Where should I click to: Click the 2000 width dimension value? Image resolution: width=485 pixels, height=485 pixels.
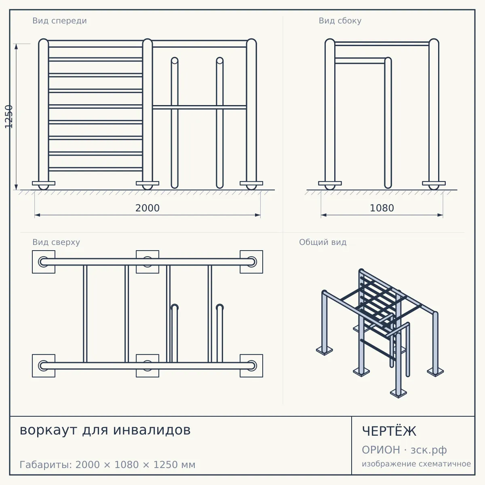(147, 208)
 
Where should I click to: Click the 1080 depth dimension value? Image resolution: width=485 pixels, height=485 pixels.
(382, 208)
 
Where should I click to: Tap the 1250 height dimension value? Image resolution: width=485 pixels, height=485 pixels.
(9, 117)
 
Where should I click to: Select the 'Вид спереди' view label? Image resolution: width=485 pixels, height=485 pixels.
(59, 21)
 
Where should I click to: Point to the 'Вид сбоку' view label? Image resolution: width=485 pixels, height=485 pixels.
(340, 21)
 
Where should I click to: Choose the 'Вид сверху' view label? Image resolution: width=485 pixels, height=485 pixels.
(56, 242)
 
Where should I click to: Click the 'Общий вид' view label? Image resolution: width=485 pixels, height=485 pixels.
(323, 242)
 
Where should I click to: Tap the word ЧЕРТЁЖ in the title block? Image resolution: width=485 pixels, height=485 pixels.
(389, 431)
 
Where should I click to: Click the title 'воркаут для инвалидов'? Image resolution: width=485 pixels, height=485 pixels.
(105, 430)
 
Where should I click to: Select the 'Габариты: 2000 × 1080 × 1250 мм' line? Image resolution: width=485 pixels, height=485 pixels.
(108, 465)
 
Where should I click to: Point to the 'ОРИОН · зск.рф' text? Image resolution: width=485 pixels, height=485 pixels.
(404, 450)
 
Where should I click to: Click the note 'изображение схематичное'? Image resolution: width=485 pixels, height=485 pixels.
(416, 464)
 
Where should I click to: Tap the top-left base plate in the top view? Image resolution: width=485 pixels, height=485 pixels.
(44, 262)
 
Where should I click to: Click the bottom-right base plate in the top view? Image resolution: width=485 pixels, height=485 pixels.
(251, 366)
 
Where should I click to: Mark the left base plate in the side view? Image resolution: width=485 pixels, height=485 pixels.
(330, 183)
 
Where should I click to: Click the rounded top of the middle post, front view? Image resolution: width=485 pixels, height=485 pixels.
(148, 42)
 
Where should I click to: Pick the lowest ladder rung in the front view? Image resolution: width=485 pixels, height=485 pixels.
(95, 169)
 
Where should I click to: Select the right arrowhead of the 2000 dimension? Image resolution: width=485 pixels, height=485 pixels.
(258, 215)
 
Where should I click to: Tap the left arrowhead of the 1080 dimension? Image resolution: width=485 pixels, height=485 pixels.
(324, 215)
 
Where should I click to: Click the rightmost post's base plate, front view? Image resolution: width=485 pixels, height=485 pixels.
(251, 183)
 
